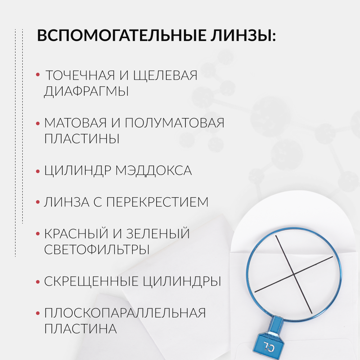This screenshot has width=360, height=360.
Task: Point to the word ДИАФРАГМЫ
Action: click(86, 91)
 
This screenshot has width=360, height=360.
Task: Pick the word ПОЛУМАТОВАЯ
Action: click(175, 123)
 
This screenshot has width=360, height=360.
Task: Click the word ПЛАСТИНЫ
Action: click(82, 139)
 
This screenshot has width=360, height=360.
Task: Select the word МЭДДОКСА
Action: click(153, 171)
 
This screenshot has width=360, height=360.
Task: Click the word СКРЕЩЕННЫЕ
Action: click(90, 281)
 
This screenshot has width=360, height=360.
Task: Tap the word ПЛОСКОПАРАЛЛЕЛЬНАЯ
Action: click(125, 313)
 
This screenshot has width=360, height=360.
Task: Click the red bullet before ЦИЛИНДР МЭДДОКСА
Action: click(38, 171)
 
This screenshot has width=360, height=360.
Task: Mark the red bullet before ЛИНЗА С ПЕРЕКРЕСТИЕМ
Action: click(38, 202)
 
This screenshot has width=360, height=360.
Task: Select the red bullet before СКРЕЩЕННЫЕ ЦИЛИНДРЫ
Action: click(38, 282)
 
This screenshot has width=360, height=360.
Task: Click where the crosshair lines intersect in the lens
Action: click(294, 275)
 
